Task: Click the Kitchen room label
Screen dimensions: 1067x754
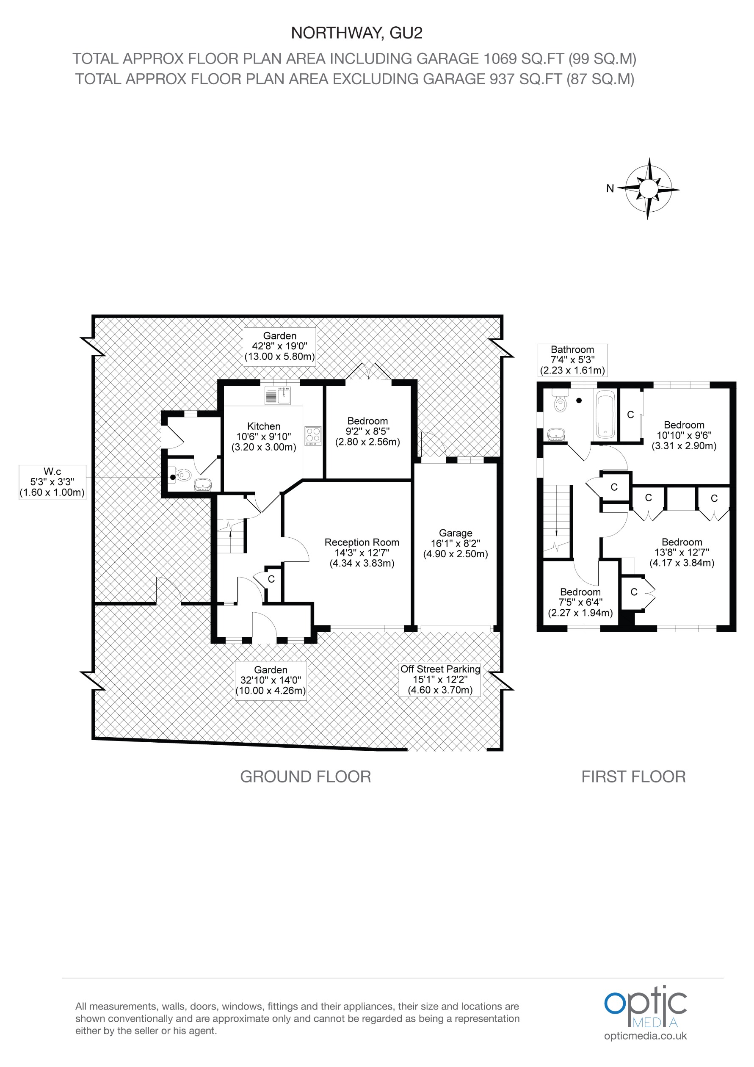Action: [263, 426]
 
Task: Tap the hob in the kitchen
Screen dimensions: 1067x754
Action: [313, 436]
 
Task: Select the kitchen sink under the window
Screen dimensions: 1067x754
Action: [278, 396]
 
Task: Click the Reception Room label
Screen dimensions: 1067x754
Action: [362, 542]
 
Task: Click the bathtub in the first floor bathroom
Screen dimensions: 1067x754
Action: [605, 415]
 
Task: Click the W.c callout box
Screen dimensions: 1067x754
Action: [52, 482]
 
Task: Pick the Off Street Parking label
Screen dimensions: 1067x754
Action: [440, 669]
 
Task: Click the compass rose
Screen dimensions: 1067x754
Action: [649, 189]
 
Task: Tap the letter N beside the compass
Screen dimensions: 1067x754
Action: [610, 188]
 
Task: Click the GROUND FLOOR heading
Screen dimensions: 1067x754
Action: [305, 777]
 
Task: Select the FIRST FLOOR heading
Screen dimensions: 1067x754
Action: [633, 777]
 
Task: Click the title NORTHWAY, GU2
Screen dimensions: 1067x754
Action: [356, 33]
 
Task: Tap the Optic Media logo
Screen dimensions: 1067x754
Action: [645, 1008]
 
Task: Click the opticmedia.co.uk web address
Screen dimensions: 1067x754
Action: [645, 1036]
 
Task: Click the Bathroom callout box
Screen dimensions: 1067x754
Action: [572, 360]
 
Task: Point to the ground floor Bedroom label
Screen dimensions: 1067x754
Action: [367, 421]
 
